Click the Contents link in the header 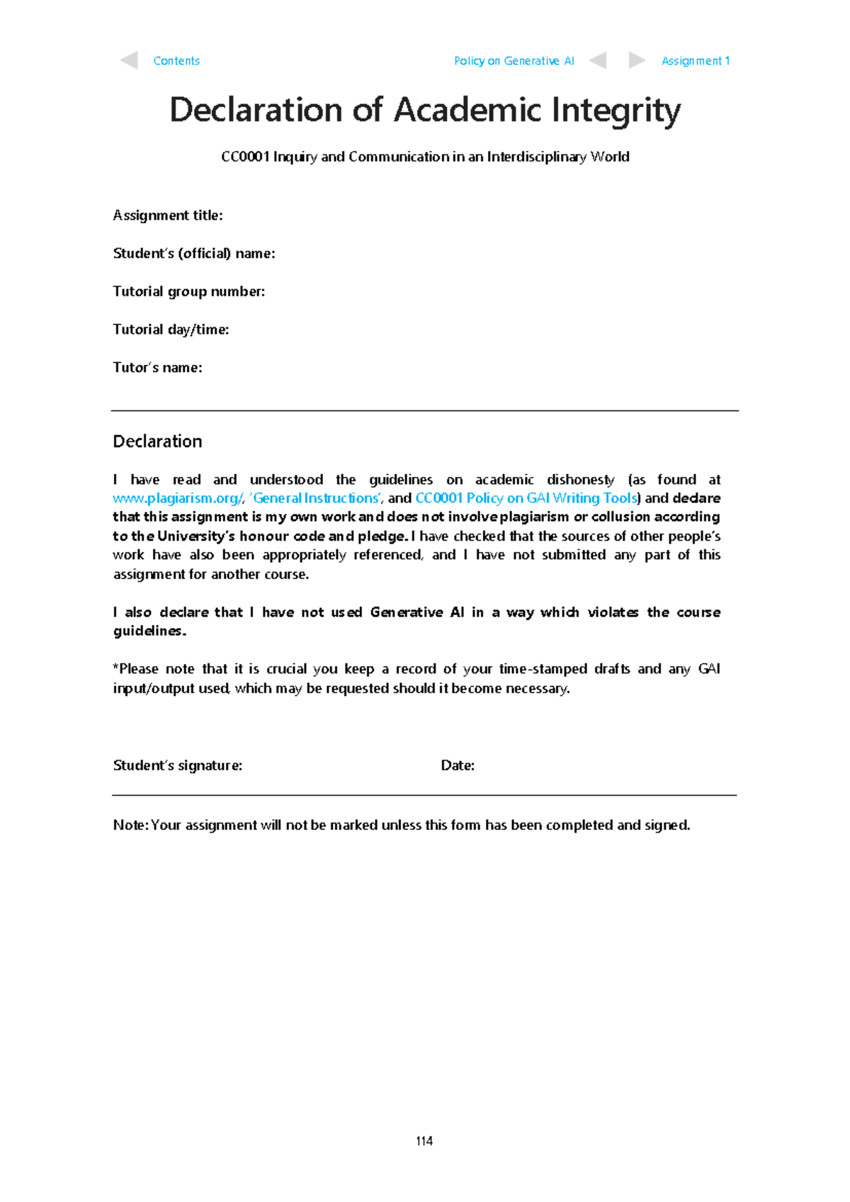click(x=176, y=61)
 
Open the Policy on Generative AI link click(x=514, y=61)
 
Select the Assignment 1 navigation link click(x=695, y=61)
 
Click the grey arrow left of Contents click(x=129, y=60)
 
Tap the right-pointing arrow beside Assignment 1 click(x=636, y=60)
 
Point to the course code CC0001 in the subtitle click(x=245, y=157)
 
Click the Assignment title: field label click(x=168, y=215)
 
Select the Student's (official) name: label click(x=194, y=254)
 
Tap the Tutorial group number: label click(x=189, y=291)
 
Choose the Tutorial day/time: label click(x=171, y=330)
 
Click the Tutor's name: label click(x=157, y=367)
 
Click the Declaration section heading click(x=157, y=442)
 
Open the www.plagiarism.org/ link click(x=178, y=498)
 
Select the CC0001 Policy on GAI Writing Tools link click(x=526, y=498)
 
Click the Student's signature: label click(x=177, y=765)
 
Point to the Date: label click(x=458, y=765)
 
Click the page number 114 click(x=424, y=1141)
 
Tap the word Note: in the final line click(x=130, y=825)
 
